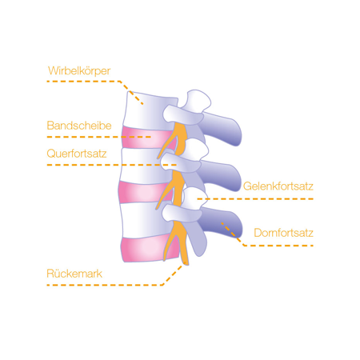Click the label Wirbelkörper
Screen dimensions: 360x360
point(79,71)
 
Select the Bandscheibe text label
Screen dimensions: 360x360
point(79,126)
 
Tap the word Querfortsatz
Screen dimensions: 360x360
point(77,154)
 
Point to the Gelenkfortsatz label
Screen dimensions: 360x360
point(278,186)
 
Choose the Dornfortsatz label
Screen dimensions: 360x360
point(283,233)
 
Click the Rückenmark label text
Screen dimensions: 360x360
point(74,274)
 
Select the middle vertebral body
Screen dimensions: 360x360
point(144,166)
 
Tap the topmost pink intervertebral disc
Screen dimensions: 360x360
point(146,138)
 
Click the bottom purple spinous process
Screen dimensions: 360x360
point(222,222)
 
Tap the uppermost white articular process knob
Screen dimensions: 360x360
point(198,100)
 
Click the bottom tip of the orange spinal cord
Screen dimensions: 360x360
point(186,264)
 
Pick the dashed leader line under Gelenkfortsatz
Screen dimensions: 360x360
point(255,199)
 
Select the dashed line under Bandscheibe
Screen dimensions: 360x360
point(99,137)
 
